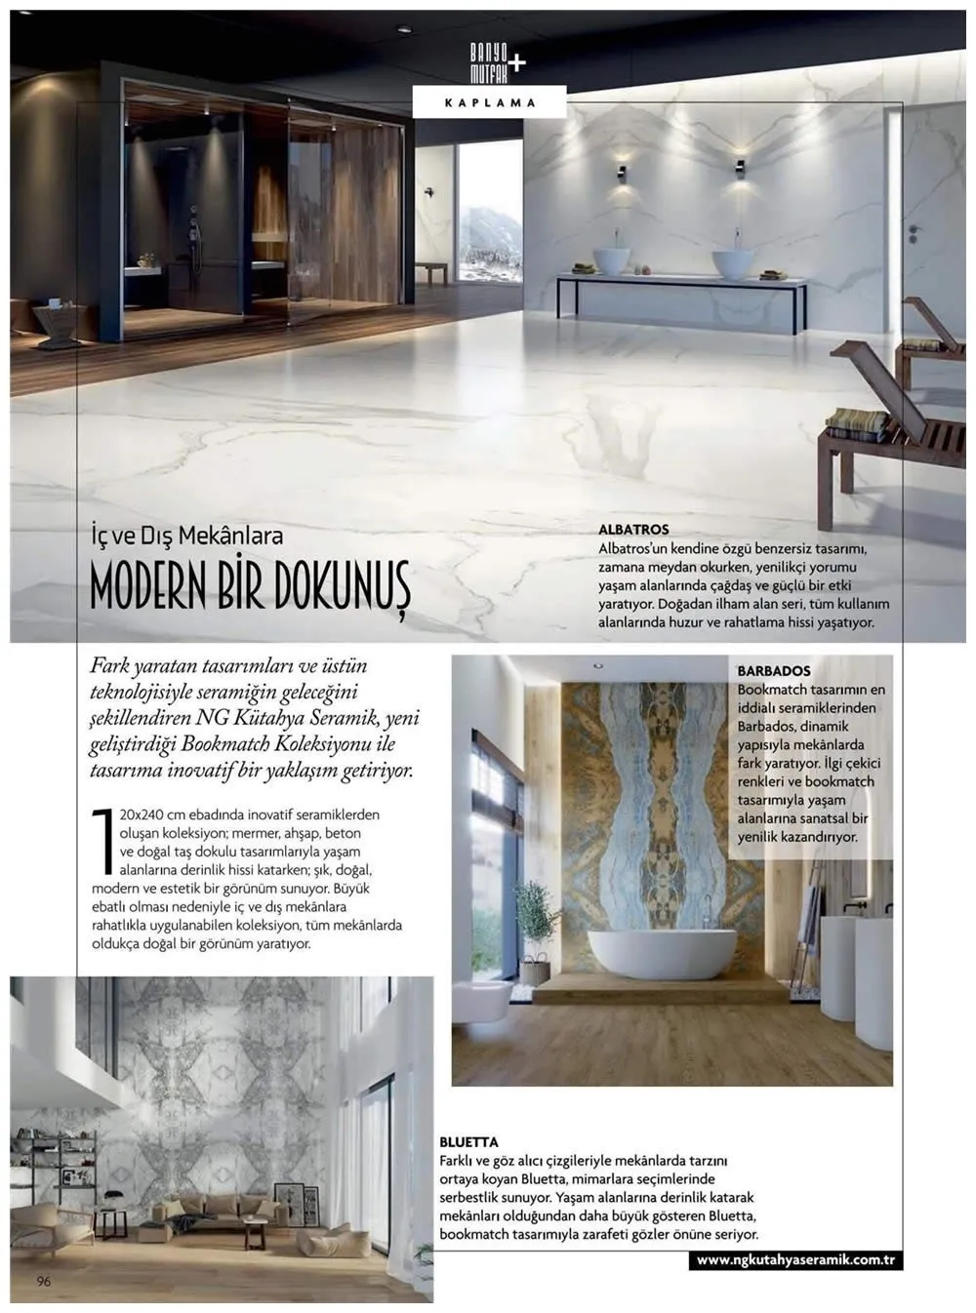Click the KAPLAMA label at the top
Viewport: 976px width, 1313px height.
tap(489, 102)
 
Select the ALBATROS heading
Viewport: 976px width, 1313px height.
tap(633, 530)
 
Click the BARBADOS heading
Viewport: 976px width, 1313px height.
tap(774, 671)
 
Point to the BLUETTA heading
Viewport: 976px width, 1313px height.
tap(468, 1142)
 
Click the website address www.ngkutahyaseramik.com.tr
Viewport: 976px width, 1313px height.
tap(796, 1260)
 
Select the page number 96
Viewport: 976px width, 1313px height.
tap(44, 1281)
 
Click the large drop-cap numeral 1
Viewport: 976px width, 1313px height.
tap(102, 839)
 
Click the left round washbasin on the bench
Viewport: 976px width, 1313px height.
tap(612, 260)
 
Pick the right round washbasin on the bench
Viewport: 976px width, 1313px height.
tap(732, 263)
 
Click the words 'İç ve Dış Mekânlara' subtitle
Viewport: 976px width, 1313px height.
tap(186, 535)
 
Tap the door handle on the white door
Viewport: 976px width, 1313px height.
tap(915, 231)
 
